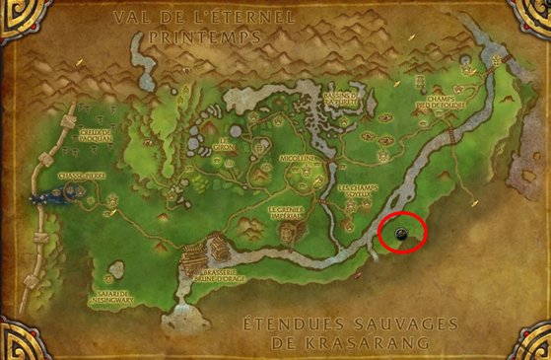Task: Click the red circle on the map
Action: tap(402, 233)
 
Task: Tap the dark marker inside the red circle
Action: tap(402, 234)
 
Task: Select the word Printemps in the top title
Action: tap(199, 36)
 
